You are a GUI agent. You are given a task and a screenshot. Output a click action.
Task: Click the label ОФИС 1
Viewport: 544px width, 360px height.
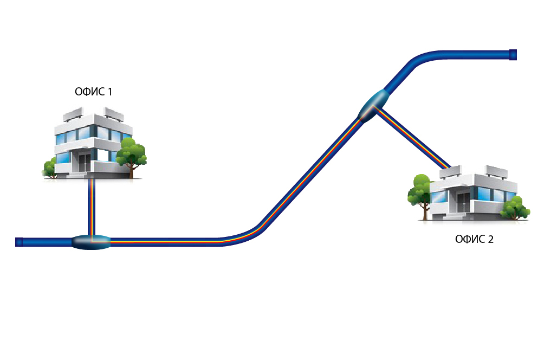tap(93, 92)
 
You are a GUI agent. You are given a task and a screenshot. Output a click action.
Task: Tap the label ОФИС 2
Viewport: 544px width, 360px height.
tap(474, 239)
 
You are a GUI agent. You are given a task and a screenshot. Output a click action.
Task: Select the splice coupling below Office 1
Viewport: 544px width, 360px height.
tap(91, 242)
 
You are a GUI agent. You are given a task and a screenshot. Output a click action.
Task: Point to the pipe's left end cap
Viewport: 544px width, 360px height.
tap(19, 242)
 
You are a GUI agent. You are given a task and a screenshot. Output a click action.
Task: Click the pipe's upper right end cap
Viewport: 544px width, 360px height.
tap(513, 55)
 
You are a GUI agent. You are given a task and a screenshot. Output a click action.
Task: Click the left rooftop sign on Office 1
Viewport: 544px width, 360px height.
tap(74, 115)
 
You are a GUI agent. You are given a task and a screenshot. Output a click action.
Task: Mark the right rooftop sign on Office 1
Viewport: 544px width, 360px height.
tap(114, 113)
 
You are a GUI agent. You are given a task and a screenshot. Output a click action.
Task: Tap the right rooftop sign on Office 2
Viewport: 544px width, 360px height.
tap(497, 171)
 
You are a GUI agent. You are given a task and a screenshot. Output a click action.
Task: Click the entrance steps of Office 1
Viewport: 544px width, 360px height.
tap(81, 175)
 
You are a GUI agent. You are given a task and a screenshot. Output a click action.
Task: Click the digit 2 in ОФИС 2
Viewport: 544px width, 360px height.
tap(490, 239)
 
